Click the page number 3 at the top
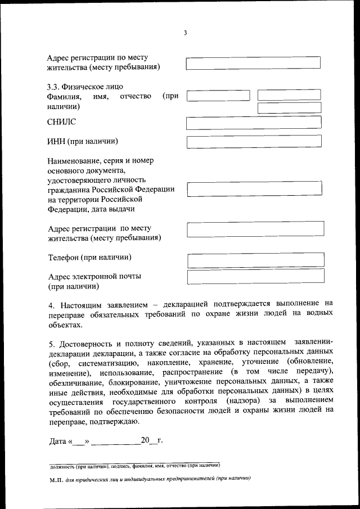[x=185, y=33]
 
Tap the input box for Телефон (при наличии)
[x=255, y=259]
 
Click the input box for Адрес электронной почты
[x=255, y=277]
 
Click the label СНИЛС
[x=61, y=121]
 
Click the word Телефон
[x=64, y=258]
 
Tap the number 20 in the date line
[x=145, y=440]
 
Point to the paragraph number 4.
[x=51, y=304]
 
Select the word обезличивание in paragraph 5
[x=73, y=382]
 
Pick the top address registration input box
[x=253, y=62]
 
